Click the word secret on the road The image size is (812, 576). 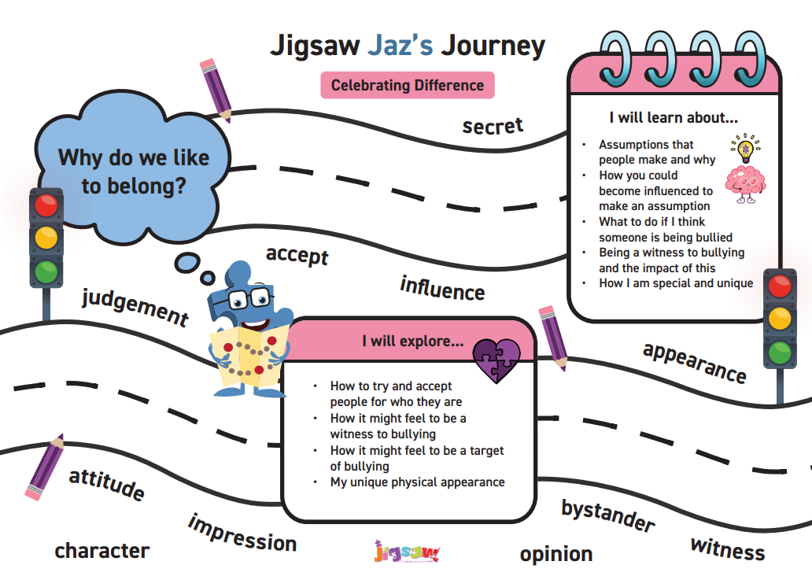[x=493, y=126]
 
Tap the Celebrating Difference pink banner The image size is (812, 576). [x=408, y=85]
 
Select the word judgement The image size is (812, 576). [x=135, y=308]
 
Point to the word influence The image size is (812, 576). [x=442, y=289]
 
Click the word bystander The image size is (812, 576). [x=608, y=515]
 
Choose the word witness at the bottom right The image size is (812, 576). [x=728, y=548]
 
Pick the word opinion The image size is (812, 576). [x=556, y=554]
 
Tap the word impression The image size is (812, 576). [x=242, y=534]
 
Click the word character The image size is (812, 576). [x=102, y=551]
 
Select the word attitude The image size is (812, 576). [x=107, y=484]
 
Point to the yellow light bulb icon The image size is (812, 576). [x=746, y=149]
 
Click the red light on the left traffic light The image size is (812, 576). [x=46, y=205]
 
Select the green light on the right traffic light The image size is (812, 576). [x=780, y=353]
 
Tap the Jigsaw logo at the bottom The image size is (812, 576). [x=407, y=552]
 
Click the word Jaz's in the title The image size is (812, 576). [x=400, y=45]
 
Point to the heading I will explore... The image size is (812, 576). [x=413, y=341]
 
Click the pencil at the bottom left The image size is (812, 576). [x=45, y=467]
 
